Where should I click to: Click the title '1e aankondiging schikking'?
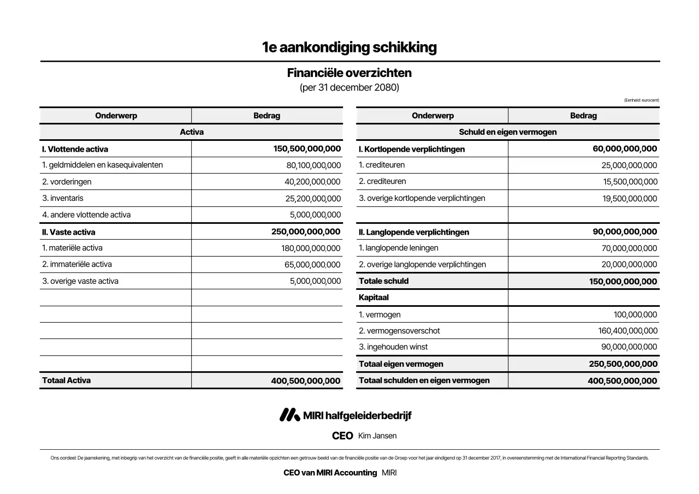349,47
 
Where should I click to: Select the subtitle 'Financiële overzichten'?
349,73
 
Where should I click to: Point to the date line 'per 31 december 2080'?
349,87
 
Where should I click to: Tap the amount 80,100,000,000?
313,165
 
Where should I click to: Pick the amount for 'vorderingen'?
312,182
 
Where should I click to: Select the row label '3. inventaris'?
63,198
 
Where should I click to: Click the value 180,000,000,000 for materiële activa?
311,248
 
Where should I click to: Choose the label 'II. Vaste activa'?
69,232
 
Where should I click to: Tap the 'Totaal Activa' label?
67,380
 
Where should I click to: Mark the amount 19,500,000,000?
630,199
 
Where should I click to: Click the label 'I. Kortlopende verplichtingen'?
412,149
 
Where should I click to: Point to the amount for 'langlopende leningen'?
630,248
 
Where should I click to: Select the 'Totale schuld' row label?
384,281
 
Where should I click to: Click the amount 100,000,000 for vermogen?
636,314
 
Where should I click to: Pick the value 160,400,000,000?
628,331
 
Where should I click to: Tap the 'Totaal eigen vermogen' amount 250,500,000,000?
623,364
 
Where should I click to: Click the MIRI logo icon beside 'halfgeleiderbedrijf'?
289,415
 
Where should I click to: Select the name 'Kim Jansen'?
377,436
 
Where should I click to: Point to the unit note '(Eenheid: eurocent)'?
641,100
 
